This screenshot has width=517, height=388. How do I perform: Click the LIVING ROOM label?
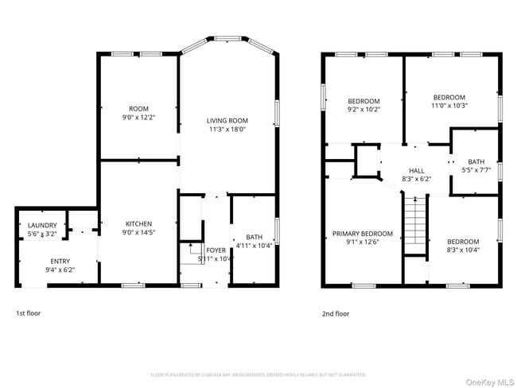coord(227,119)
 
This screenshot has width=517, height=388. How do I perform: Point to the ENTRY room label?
coord(60,261)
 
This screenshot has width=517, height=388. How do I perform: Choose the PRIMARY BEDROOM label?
coord(362,233)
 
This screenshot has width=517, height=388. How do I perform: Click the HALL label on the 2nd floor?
coord(416,170)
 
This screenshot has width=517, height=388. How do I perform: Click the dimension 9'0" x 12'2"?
coord(138,118)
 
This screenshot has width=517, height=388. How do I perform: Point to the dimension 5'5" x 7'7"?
coord(476,169)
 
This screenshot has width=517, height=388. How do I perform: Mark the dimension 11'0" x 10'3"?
coord(449,105)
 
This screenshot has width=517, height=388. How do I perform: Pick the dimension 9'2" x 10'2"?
coord(363,110)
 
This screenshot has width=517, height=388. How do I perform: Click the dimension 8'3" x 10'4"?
coord(462,250)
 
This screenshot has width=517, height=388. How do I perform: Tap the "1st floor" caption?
coord(28,313)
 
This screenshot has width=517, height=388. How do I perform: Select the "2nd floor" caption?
coord(335,313)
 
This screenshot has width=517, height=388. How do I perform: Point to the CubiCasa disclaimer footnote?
coord(258,374)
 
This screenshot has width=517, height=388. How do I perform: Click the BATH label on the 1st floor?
coord(254,237)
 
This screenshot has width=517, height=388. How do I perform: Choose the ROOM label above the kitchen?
coord(138,109)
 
